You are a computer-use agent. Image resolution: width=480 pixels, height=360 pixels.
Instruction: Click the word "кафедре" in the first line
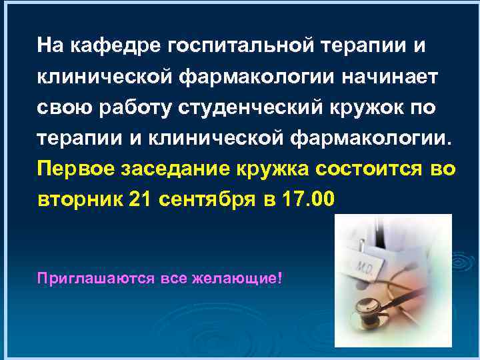click(107, 46)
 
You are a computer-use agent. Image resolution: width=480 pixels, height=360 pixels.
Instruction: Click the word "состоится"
click(371, 168)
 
